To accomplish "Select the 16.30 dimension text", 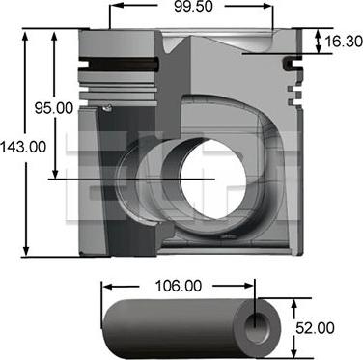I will tap(343, 42).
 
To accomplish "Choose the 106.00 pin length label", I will tap(180, 286).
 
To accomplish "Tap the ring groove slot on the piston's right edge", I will tap(289, 65).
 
